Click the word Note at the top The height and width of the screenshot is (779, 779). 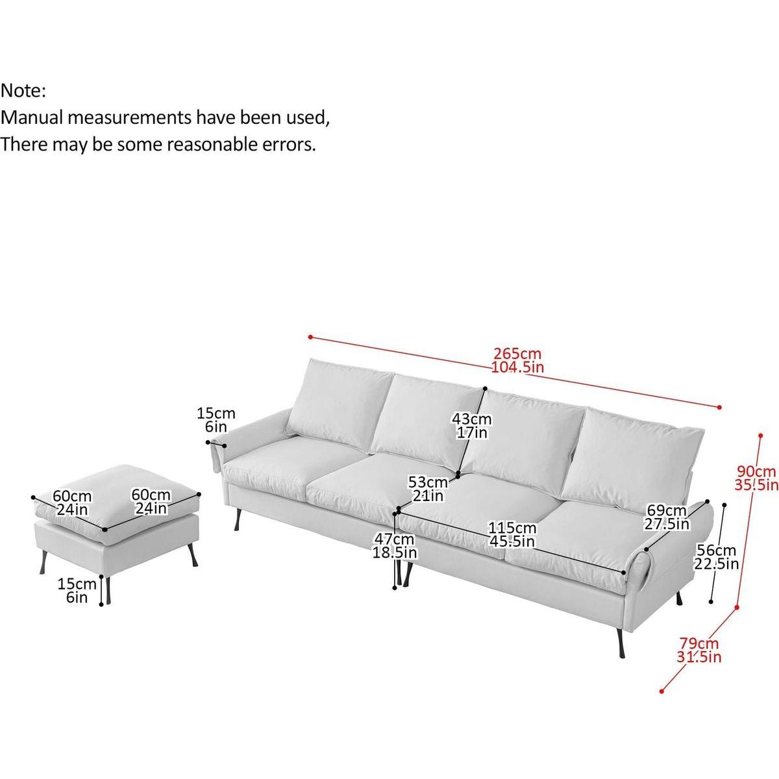point(23,91)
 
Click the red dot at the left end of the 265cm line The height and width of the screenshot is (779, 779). point(311,338)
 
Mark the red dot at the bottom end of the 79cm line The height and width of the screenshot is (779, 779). point(662,691)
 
